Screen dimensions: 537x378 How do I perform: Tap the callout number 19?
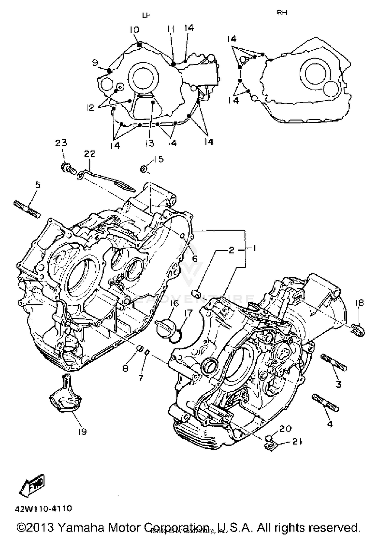pos(82,431)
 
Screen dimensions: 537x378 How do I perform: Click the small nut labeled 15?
pos(143,169)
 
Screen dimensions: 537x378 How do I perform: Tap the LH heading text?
pos(146,15)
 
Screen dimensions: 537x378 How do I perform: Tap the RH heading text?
pos(282,13)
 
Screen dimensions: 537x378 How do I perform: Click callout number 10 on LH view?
pos(134,30)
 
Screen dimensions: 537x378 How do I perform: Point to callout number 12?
pos(90,108)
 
